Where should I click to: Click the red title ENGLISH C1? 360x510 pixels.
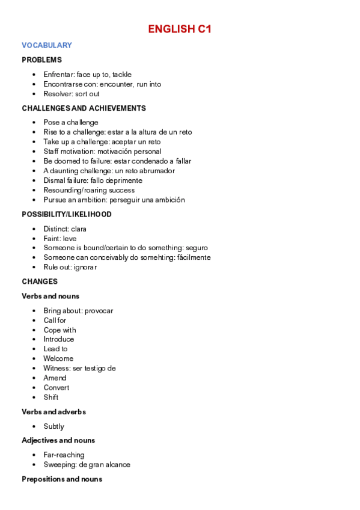coord(180,29)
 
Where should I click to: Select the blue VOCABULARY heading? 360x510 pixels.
coord(47,45)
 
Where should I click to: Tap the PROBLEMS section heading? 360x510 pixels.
coord(41,60)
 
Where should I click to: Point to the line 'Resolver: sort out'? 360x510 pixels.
coord(72,94)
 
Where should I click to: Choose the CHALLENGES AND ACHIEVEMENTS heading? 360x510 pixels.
coord(84,108)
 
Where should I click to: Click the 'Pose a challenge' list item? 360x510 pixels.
coord(71,123)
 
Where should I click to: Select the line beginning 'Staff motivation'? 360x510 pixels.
coord(102,152)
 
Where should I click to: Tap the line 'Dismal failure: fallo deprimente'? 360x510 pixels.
coord(93,180)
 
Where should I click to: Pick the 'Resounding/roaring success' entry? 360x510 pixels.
coord(89,190)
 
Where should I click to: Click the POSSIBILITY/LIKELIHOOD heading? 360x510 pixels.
coord(67,214)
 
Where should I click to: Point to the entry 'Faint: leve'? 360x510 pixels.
coord(60,238)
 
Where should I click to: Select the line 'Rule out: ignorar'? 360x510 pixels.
coord(70,267)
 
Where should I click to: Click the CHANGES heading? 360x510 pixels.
coord(40,281)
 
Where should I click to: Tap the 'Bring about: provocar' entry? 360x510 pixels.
coord(78,311)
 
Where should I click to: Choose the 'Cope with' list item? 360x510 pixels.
coord(59,330)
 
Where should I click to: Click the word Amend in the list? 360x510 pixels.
coord(55,378)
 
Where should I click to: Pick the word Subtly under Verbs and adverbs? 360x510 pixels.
coord(53,426)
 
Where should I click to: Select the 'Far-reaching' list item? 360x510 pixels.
coord(64,455)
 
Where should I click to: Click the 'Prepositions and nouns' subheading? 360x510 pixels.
coord(62,479)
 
